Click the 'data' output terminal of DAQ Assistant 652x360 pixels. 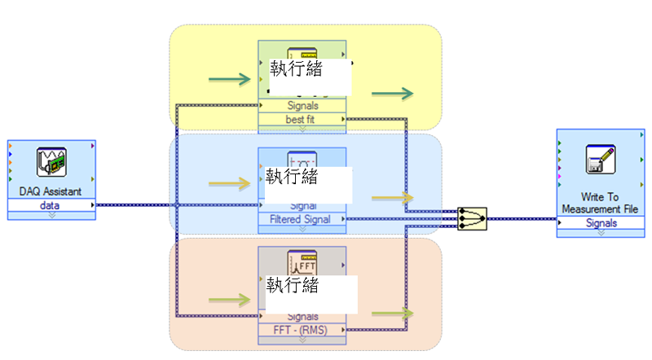pos(51,205)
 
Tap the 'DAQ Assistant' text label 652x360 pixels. pos(51,192)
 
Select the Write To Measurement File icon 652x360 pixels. pos(600,160)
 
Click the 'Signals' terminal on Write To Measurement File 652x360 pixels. pos(601,223)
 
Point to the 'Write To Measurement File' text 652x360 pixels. pos(601,203)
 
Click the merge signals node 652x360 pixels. pos(472,217)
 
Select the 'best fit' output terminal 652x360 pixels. pos(302,119)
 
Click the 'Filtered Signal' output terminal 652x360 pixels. pos(302,219)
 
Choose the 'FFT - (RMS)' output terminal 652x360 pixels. pos(302,330)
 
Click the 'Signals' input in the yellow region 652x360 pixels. pos(302,106)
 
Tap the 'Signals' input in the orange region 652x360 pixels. pos(302,317)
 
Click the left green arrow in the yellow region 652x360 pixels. pos(229,80)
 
